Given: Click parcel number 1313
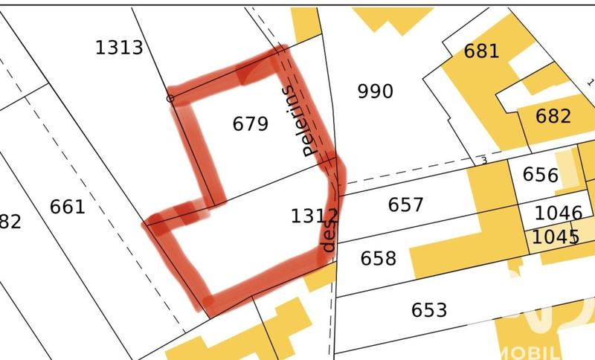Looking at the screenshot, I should point(119,48).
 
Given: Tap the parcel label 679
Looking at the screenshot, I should point(250,123).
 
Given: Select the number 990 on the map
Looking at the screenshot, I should point(375,91).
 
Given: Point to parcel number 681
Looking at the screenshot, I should point(480,51).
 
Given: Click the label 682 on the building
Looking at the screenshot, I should point(553,116).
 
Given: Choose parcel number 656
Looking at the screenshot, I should point(541,175).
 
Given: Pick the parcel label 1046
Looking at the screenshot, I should point(558,213).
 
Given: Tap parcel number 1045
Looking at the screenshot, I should point(556,237).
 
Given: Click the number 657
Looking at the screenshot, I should point(406,205).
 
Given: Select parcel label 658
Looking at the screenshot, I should point(379,258).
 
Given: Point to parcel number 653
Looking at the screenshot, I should point(428,309).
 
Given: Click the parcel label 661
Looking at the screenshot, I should point(68,206).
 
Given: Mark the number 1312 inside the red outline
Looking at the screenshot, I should point(315,216).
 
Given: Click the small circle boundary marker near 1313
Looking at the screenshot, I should point(170,98).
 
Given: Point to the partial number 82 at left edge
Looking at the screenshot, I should point(10,222).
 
